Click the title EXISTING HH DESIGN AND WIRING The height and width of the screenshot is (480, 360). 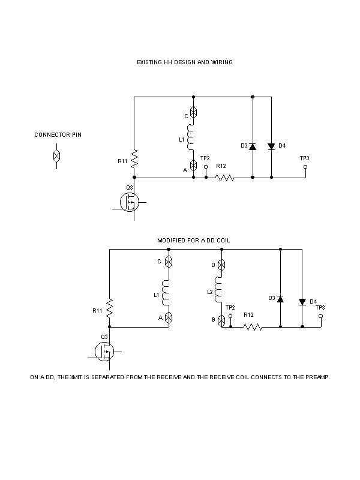[x=184, y=62]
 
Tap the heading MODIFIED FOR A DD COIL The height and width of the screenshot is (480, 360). [x=194, y=240]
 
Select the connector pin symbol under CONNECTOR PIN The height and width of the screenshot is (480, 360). [x=56, y=156]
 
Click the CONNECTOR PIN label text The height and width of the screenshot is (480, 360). [x=58, y=135]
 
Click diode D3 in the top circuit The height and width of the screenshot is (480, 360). [x=253, y=146]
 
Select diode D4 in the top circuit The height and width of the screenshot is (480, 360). [x=271, y=146]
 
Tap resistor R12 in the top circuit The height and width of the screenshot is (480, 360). [x=224, y=178]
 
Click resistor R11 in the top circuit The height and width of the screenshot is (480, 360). [x=134, y=159]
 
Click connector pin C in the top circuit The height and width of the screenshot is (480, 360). [x=193, y=112]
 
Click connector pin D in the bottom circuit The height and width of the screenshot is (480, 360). [x=221, y=265]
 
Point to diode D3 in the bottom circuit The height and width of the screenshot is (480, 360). [x=281, y=298]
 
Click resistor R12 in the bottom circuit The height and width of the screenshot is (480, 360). [x=253, y=327]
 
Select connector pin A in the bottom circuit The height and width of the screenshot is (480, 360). [x=169, y=317]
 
